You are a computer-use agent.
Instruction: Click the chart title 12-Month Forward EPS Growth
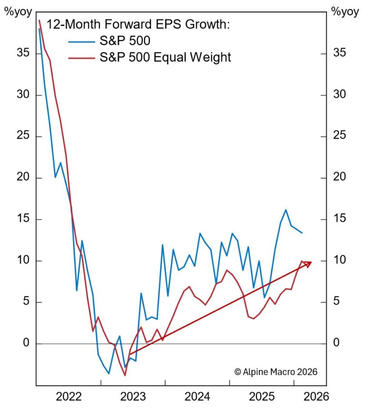tap(138, 25)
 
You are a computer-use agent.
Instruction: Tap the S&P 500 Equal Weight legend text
tap(165, 58)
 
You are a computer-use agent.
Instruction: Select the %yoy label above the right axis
tap(343, 13)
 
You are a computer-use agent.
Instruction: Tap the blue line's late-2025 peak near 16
tap(285, 210)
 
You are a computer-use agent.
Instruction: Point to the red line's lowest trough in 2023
tap(125, 375)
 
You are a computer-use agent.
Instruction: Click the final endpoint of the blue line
tap(302, 233)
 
